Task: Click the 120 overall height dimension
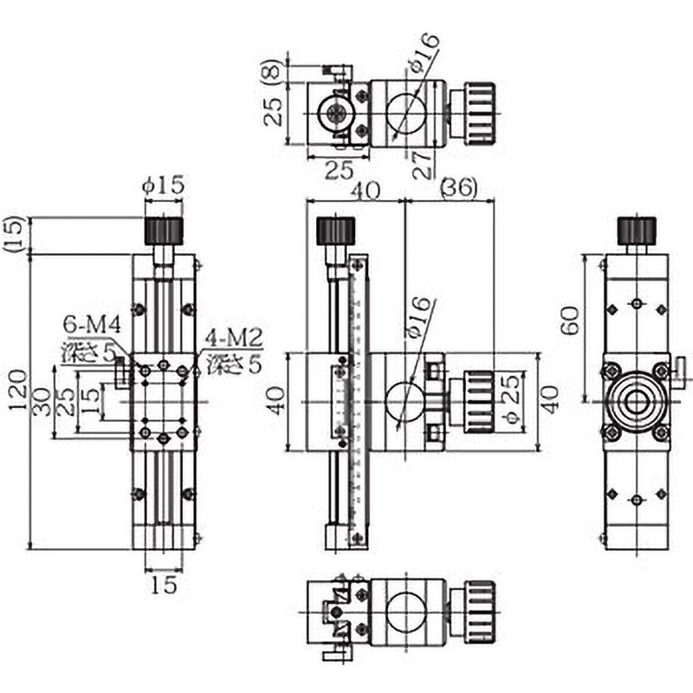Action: pyautogui.click(x=17, y=400)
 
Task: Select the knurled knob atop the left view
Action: pyautogui.click(x=163, y=231)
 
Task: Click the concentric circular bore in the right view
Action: pyautogui.click(x=637, y=402)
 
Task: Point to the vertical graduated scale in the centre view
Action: pyautogui.click(x=357, y=402)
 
